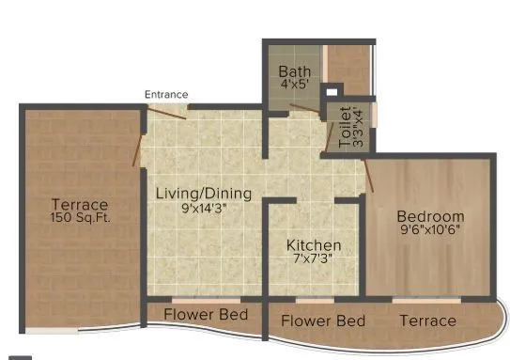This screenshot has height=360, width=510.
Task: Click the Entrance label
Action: pyautogui.click(x=166, y=94)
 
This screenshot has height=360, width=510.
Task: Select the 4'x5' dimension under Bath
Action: pyautogui.click(x=293, y=83)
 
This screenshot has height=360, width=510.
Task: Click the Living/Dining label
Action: pyautogui.click(x=203, y=194)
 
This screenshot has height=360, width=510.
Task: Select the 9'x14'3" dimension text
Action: pyautogui.click(x=203, y=208)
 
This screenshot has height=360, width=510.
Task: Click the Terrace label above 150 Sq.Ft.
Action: pyautogui.click(x=80, y=204)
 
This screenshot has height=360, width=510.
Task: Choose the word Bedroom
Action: pyautogui.click(x=430, y=216)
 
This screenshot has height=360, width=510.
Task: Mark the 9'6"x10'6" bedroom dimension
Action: pyautogui.click(x=430, y=231)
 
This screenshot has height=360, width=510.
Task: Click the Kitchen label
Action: pyautogui.click(x=314, y=246)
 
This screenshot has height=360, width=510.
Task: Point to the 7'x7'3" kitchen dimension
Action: pyautogui.click(x=314, y=260)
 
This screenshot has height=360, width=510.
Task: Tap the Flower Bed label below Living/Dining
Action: pyautogui.click(x=206, y=314)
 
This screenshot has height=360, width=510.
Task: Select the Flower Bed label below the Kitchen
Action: pyautogui.click(x=323, y=321)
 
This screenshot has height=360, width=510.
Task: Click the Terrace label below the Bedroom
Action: pyautogui.click(x=428, y=321)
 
